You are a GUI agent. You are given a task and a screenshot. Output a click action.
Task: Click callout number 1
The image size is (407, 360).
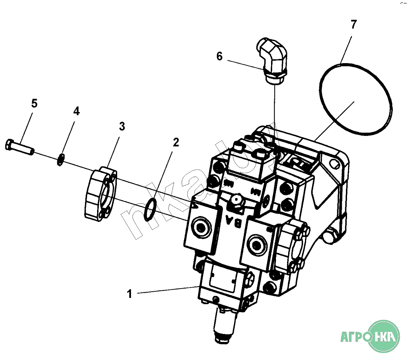point(130,294)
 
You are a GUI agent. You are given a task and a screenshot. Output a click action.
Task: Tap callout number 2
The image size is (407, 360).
point(176,142)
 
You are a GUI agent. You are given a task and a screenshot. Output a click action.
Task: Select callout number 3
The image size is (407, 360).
point(122,126)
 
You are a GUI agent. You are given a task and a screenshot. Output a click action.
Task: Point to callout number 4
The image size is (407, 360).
point(76,111)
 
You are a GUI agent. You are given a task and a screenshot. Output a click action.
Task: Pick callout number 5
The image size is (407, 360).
point(34,103)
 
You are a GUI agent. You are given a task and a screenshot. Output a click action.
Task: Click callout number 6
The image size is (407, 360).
point(219,57)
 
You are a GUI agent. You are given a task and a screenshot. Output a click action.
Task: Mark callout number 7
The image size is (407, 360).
point(353,25)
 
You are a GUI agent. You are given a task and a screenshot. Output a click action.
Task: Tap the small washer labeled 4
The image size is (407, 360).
point(60,160)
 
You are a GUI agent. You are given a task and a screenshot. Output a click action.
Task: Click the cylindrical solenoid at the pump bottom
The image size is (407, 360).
point(225,324)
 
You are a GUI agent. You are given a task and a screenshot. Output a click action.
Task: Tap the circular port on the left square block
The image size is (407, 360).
point(201,228)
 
